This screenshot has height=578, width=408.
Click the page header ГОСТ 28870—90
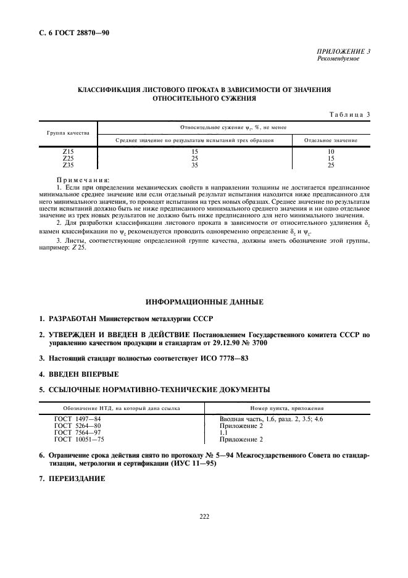tap(68, 32)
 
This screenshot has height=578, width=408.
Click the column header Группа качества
tap(68, 133)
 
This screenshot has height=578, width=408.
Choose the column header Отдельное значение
tap(331, 140)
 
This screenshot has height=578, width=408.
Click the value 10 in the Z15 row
tap(331, 151)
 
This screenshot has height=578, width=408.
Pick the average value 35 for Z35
tap(194, 165)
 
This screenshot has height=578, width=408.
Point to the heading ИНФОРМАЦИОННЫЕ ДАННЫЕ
tap(204, 301)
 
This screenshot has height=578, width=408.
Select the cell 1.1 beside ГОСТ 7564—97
tap(224, 433)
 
